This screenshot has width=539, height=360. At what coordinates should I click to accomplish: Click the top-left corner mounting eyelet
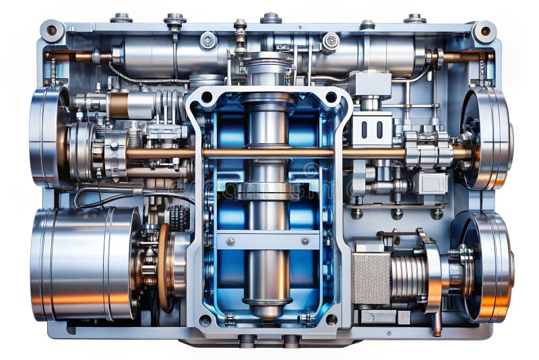click(52, 30)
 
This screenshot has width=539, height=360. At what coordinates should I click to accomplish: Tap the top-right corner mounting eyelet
click(484, 31)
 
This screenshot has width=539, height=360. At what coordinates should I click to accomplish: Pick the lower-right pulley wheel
click(485, 266)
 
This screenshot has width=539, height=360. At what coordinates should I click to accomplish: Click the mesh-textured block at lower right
click(371, 277)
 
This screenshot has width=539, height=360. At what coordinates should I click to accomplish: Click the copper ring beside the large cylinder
click(163, 266)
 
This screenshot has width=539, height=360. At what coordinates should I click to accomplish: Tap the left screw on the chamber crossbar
click(230, 241)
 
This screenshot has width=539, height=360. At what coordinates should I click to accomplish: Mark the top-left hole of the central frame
click(205, 98)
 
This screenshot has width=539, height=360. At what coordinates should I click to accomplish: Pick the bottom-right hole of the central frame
click(331, 320)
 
